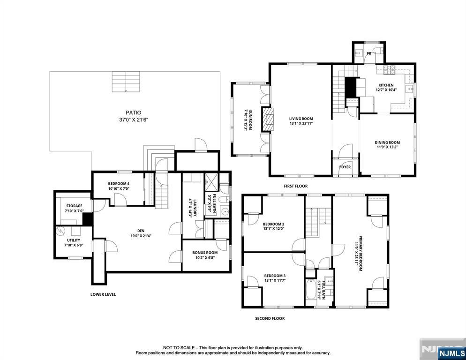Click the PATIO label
tap(134, 112)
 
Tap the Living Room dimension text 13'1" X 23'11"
tap(301, 123)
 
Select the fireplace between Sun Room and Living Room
tap(267, 119)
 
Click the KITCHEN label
tap(386, 85)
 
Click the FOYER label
tap(345, 167)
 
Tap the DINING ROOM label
tap(387, 142)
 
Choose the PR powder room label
tap(369, 54)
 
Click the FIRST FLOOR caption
tap(295, 186)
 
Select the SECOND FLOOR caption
tap(270, 318)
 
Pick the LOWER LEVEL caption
tap(103, 294)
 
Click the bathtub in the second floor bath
tap(311, 289)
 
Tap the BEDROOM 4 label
tap(119, 184)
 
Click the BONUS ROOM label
tap(205, 253)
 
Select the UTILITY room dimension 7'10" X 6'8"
tap(74, 245)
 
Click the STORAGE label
tap(74, 206)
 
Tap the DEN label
tap(141, 231)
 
